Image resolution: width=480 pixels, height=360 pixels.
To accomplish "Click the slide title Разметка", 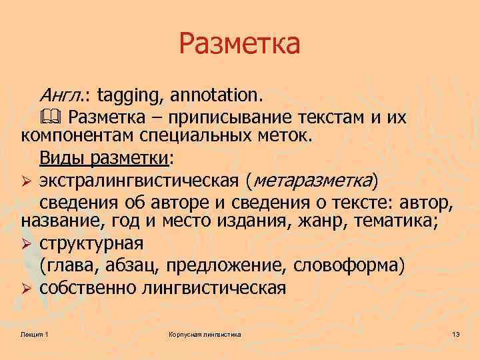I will tap(240, 44).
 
